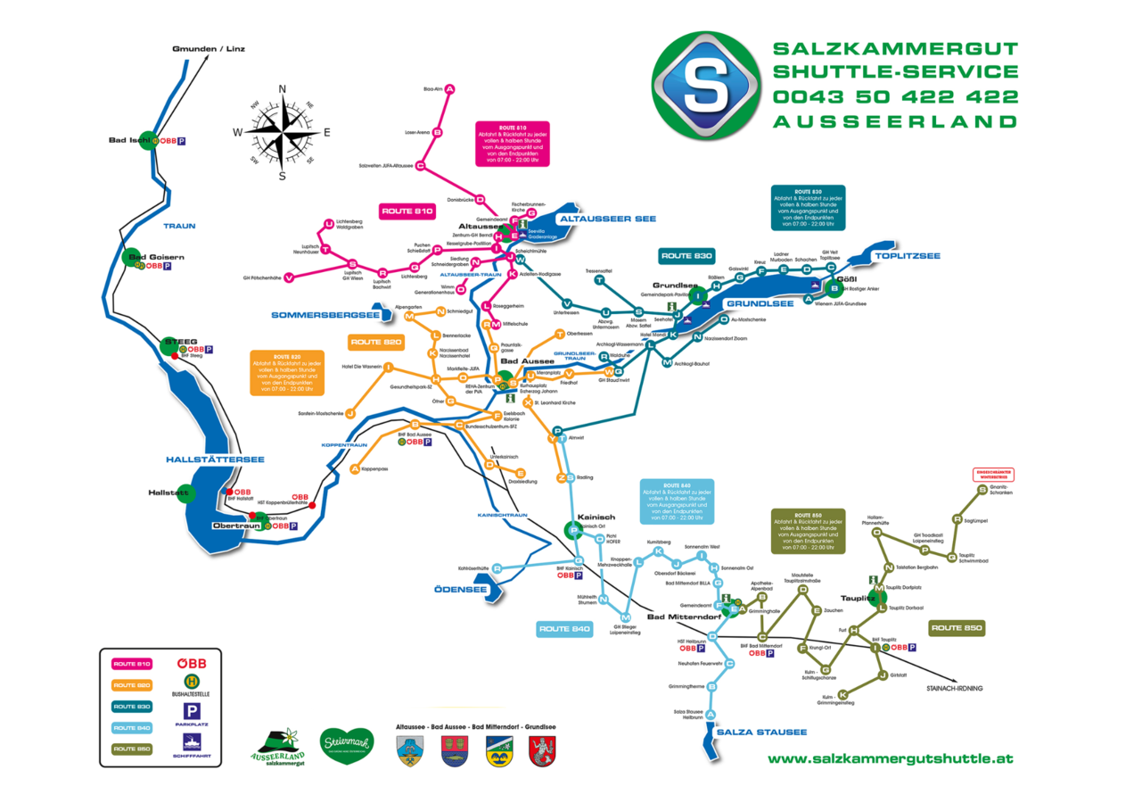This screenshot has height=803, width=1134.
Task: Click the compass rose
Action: pyautogui.click(x=283, y=132)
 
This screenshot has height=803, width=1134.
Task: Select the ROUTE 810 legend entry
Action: pyautogui.click(x=132, y=664)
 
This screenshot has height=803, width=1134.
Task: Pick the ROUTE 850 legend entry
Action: pyautogui.click(x=132, y=749)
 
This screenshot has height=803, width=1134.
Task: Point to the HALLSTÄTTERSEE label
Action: pyautogui.click(x=215, y=459)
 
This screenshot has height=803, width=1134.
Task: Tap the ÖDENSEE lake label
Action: pyautogui.click(x=460, y=590)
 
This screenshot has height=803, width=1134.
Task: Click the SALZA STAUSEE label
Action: pyautogui.click(x=762, y=733)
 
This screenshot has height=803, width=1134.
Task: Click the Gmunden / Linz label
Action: pyautogui.click(x=208, y=48)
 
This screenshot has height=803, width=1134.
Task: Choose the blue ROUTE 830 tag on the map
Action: pyautogui.click(x=686, y=256)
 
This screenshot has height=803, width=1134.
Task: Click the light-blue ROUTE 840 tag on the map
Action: pyautogui.click(x=564, y=629)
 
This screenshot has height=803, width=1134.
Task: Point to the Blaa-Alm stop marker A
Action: pyautogui.click(x=450, y=88)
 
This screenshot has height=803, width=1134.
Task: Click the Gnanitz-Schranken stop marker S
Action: pyautogui.click(x=982, y=490)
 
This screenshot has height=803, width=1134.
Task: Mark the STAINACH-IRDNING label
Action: pyautogui.click(x=957, y=688)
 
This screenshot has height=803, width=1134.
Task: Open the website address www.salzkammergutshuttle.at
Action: pyautogui.click(x=891, y=758)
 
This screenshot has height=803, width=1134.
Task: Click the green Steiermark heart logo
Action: pyautogui.click(x=345, y=745)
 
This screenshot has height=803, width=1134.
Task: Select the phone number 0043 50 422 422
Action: pyautogui.click(x=895, y=96)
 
